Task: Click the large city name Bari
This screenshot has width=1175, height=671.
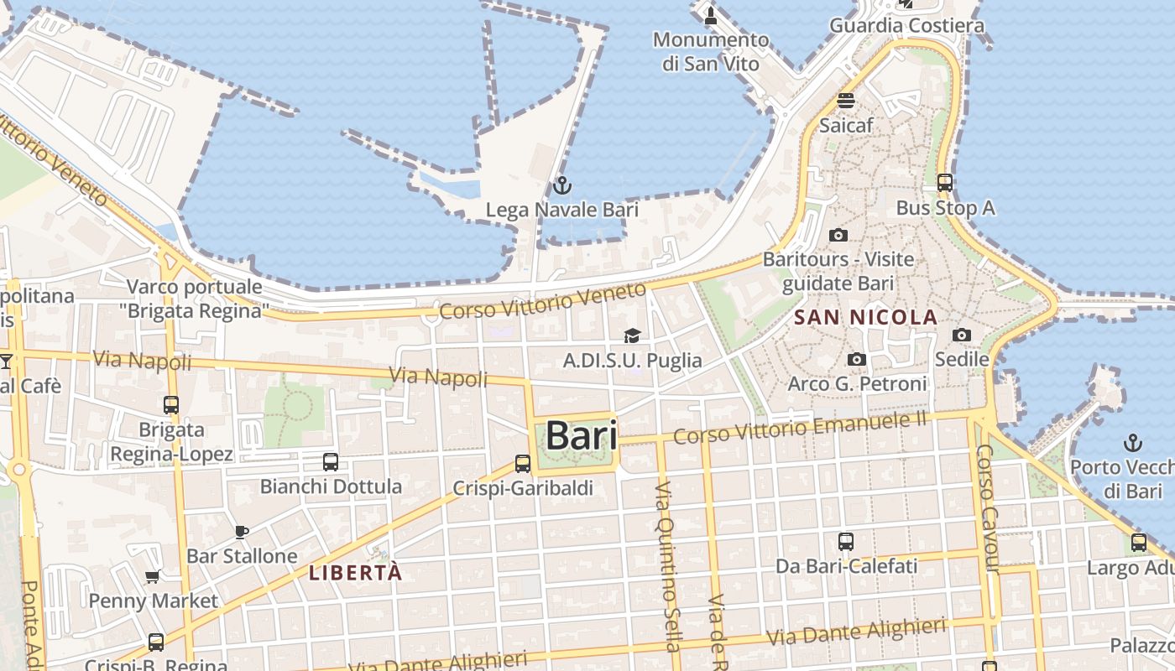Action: tap(582, 436)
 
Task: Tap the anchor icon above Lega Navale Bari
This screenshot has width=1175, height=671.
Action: tap(561, 185)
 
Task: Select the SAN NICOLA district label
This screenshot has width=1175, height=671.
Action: tap(865, 317)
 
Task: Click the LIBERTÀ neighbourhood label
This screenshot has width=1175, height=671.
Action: tap(356, 574)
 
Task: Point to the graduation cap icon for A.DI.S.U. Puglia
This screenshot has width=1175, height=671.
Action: tap(632, 336)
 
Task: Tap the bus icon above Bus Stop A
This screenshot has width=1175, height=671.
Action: tap(945, 182)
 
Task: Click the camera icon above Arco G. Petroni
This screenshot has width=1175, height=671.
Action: tap(856, 360)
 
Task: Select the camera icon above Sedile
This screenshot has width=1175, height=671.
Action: tap(962, 335)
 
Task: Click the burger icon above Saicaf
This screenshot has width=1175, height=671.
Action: tap(846, 101)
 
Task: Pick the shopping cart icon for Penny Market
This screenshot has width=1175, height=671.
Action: tap(153, 576)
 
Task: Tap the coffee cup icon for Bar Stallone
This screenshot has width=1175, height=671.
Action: tap(241, 532)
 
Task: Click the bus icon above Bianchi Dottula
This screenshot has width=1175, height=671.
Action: tap(331, 461)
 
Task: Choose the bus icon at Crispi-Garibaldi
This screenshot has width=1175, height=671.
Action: tap(523, 463)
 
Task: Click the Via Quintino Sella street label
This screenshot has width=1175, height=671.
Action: tap(667, 567)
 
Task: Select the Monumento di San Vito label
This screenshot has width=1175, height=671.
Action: tap(711, 51)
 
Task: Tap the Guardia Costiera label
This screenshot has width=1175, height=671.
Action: tap(906, 26)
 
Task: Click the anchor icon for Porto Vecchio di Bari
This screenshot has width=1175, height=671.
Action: tap(1133, 442)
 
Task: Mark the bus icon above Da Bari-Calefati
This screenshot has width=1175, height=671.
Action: tap(846, 542)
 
